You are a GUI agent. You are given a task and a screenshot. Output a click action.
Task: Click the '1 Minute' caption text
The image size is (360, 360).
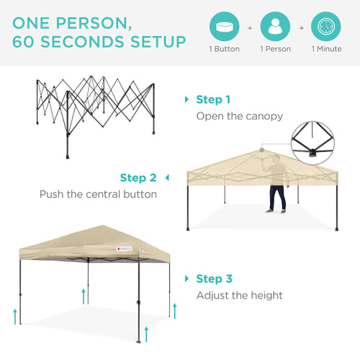(328, 49)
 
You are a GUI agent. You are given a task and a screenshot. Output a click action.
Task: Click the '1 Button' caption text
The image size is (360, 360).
(225, 49)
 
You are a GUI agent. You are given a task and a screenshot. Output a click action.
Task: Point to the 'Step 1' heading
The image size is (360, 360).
(213, 99)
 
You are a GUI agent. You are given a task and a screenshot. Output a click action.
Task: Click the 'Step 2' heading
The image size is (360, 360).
(138, 177)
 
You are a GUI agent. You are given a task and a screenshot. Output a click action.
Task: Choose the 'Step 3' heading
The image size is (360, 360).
(213, 278)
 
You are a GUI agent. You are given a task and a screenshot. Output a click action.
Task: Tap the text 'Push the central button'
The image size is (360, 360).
(98, 194)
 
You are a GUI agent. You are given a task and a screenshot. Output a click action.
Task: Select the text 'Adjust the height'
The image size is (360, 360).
(240, 294)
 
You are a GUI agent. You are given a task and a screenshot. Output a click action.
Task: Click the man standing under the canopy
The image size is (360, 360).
(276, 194)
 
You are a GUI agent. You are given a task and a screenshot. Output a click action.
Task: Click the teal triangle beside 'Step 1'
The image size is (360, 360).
(188, 99)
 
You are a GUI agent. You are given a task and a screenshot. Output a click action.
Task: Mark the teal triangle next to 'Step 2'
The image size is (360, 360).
(167, 177)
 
